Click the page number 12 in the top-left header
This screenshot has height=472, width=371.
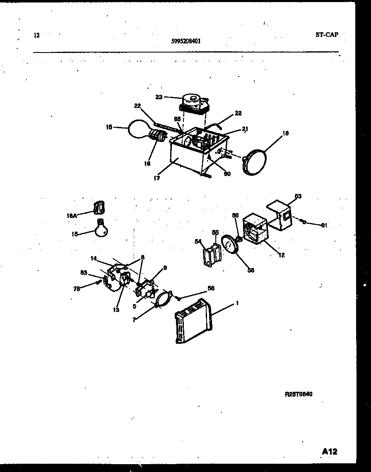tap(36, 36)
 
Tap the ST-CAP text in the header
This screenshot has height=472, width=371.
tap(326, 35)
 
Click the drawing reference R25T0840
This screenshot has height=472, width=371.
tap(298, 394)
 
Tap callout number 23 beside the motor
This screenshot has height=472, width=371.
tap(159, 98)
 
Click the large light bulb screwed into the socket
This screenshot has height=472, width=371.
tap(139, 129)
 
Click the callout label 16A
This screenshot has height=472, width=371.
tap(71, 216)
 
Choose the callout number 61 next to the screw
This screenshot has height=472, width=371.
tap(324, 225)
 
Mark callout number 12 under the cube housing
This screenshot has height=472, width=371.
tap(282, 255)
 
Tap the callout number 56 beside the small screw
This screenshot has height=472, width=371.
tap(211, 288)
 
